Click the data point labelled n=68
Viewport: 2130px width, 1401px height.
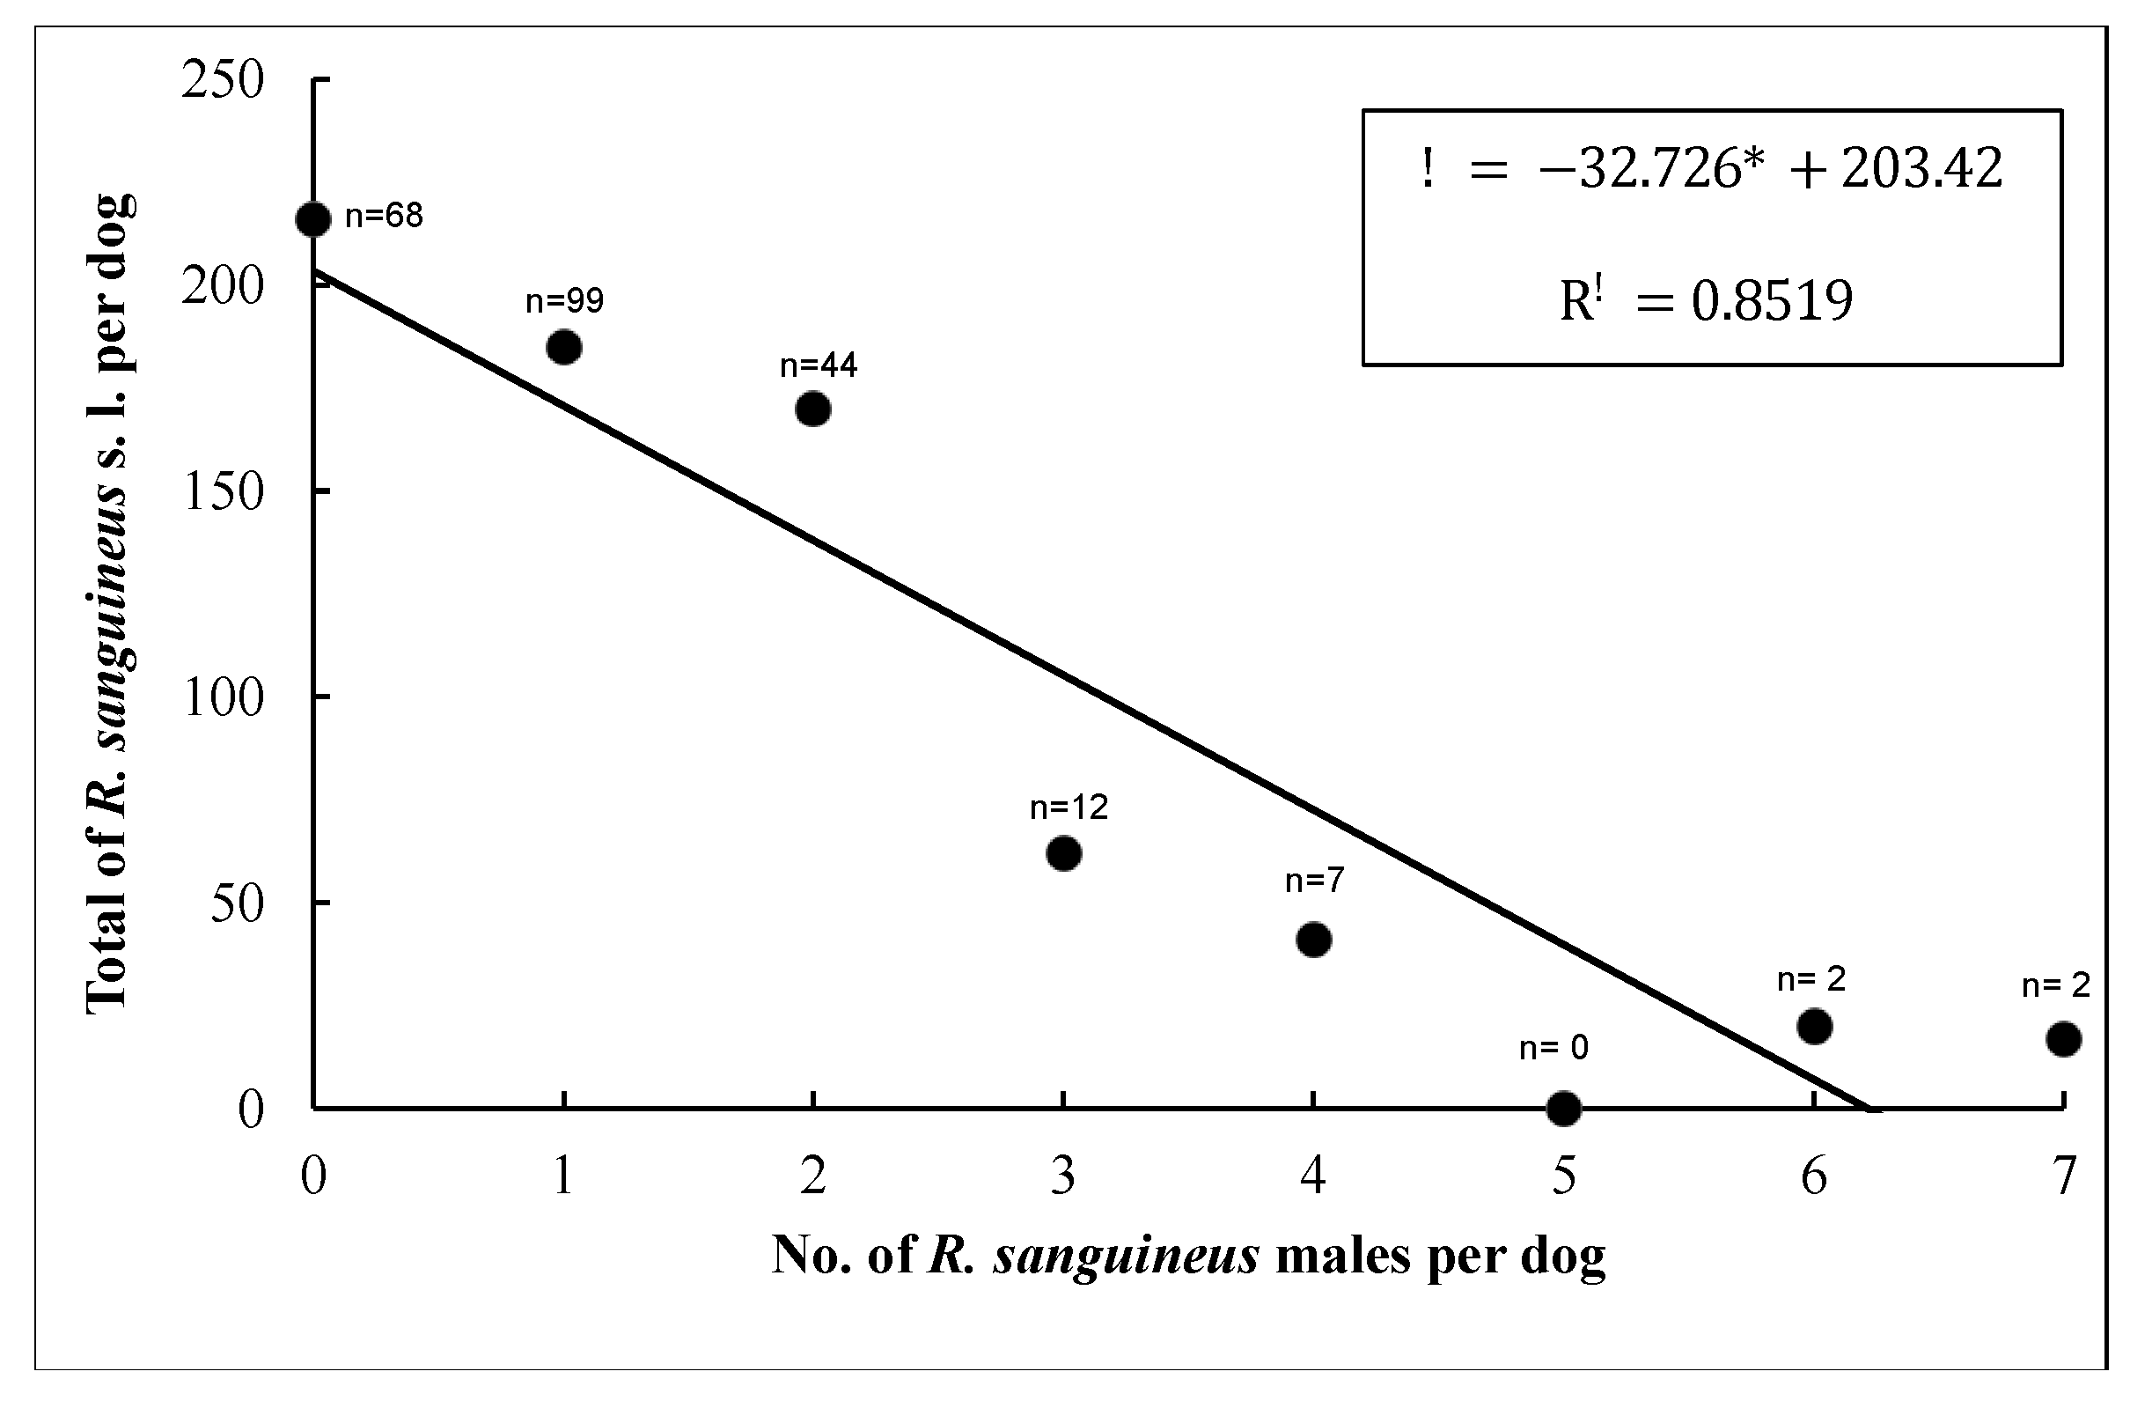tap(312, 219)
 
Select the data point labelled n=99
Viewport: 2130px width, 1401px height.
tap(563, 346)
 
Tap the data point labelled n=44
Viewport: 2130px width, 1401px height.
tap(812, 409)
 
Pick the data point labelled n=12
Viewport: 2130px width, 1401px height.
tap(1063, 853)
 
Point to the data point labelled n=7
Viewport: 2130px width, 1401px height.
tap(1313, 939)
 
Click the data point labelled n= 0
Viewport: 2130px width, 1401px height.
tap(1563, 1109)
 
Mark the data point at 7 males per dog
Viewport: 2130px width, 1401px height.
tap(2064, 1039)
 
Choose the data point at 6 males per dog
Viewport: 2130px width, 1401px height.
tap(1814, 1026)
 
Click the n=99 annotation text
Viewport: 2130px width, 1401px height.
tap(565, 301)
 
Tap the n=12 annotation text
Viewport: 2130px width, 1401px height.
tap(1069, 807)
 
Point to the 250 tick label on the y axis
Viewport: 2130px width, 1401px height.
tap(223, 80)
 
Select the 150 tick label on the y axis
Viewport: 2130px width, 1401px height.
tap(223, 491)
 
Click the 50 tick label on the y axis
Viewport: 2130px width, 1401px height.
tap(236, 903)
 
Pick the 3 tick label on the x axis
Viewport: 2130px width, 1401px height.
tap(1063, 1176)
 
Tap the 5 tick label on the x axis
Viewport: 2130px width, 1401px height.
tap(1563, 1176)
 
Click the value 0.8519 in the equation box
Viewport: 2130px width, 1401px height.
tap(1772, 301)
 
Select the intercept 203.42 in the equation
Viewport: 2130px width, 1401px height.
tap(1921, 168)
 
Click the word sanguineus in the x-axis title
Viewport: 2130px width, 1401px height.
tap(1127, 1255)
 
